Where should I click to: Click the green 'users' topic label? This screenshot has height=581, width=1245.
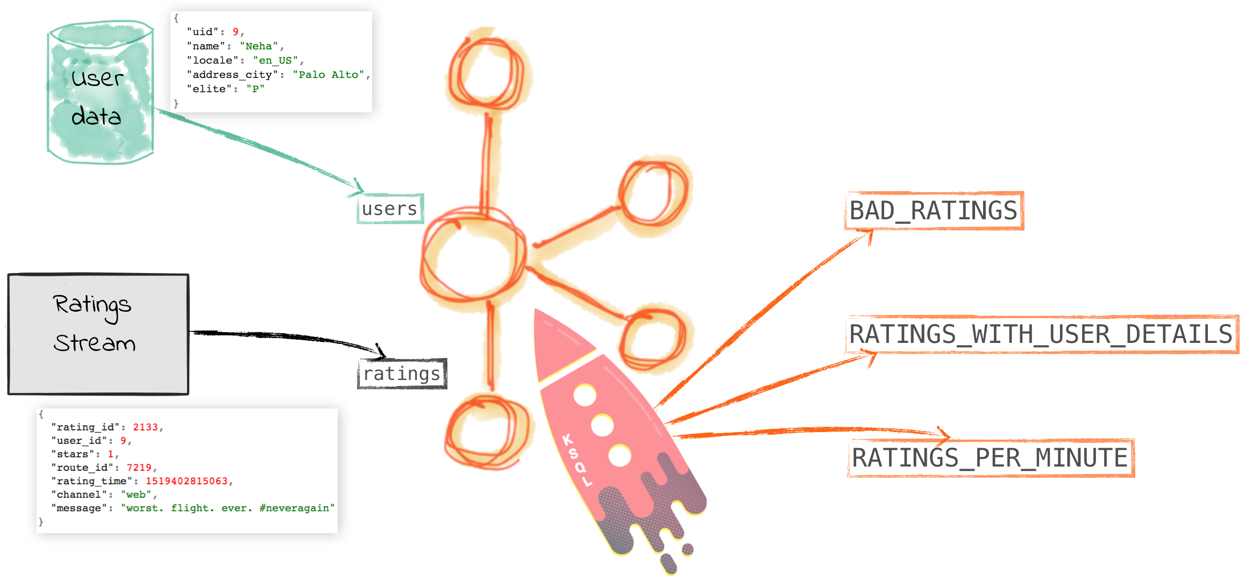390,209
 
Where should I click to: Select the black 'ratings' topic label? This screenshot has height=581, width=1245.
402,374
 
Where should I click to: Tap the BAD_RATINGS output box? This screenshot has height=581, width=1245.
934,211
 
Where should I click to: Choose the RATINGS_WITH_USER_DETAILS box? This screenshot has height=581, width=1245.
1041,334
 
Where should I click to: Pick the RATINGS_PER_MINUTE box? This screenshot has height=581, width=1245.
990,458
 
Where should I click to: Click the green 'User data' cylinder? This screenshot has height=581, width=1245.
100,94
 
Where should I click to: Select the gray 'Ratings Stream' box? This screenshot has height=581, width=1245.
98,334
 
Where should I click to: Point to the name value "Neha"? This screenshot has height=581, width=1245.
259,46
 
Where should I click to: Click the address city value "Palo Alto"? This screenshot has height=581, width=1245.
329,75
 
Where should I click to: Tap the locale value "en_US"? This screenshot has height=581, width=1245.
275,61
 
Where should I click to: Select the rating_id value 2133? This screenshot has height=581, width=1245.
145,427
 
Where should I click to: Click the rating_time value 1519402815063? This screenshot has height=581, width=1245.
187,481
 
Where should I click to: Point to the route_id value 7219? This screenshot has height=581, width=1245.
139,468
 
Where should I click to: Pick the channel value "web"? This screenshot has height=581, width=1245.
136,494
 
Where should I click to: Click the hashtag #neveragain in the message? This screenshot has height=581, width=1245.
296,508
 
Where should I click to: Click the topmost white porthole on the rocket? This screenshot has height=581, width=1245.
585,396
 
